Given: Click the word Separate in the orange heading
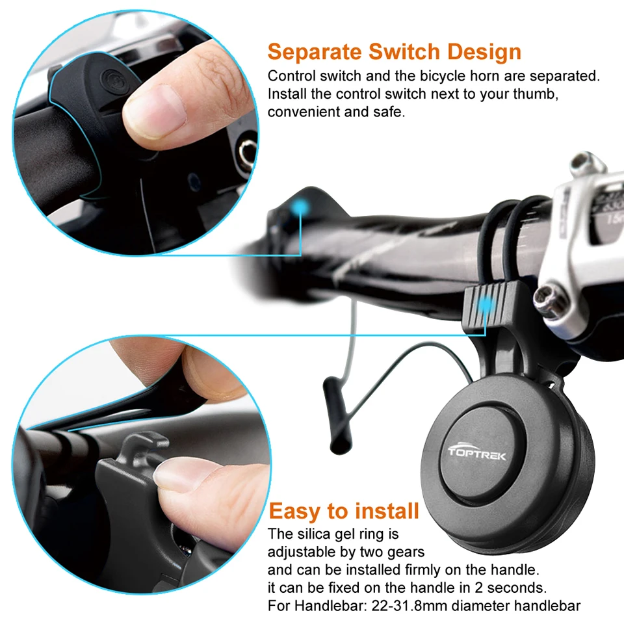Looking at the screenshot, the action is (314, 52).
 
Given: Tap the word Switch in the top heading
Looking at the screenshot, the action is (404, 52).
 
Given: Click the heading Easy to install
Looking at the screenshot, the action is (344, 511).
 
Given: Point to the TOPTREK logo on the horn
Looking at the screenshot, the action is (476, 453).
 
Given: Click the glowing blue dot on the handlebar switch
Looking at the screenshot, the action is (299, 207).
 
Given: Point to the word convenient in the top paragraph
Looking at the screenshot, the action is (304, 112).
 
